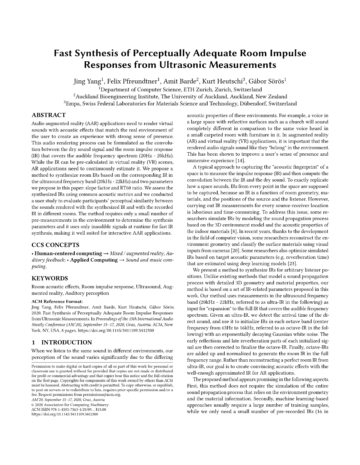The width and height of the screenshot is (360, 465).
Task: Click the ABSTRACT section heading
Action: click(49, 115)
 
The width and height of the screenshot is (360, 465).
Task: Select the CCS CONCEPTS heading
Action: click(55, 245)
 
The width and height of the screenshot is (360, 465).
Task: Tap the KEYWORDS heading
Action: click(50, 278)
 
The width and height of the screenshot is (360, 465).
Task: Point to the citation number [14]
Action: click(240, 161)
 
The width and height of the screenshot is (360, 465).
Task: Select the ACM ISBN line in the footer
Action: click(69, 410)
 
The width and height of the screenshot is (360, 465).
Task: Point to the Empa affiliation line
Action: click(180, 104)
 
